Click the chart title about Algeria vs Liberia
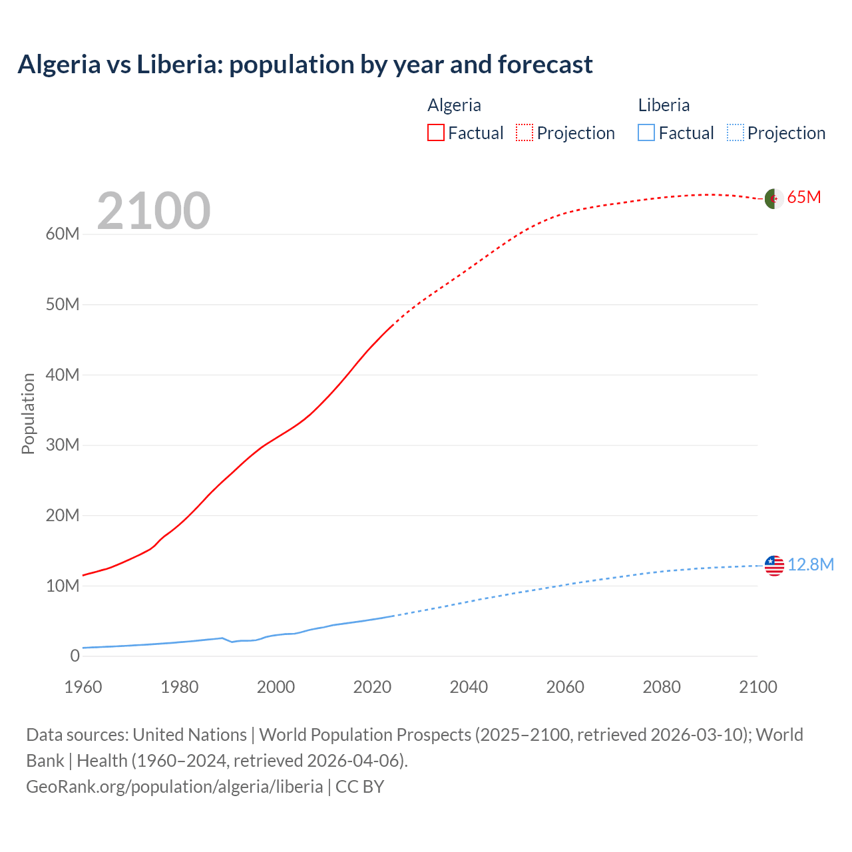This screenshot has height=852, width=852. click(x=305, y=65)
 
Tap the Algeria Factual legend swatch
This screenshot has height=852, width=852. click(x=435, y=132)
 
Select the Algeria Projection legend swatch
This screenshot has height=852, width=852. click(x=525, y=132)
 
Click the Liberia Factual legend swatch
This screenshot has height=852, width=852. click(x=646, y=132)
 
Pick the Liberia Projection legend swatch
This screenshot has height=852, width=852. click(x=736, y=132)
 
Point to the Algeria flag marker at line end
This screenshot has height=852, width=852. click(x=773, y=198)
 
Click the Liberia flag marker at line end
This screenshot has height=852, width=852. click(x=774, y=566)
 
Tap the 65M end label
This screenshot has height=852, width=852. click(x=804, y=198)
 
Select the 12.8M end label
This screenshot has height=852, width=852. click(x=810, y=565)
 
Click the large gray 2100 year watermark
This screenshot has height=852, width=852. click(x=154, y=211)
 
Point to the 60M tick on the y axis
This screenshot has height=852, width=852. click(x=63, y=234)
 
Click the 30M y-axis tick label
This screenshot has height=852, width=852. click(x=63, y=445)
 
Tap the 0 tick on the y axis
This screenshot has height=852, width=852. click(x=75, y=656)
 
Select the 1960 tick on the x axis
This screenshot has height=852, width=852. click(x=83, y=687)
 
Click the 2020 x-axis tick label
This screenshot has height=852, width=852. click(x=372, y=687)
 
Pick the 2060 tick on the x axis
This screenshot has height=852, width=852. click(x=565, y=687)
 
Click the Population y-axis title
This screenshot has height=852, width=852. click(x=28, y=413)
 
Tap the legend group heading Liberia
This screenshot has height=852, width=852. click(x=664, y=105)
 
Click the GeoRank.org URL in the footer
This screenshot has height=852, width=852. click(x=174, y=787)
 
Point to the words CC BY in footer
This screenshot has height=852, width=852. click(x=359, y=787)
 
